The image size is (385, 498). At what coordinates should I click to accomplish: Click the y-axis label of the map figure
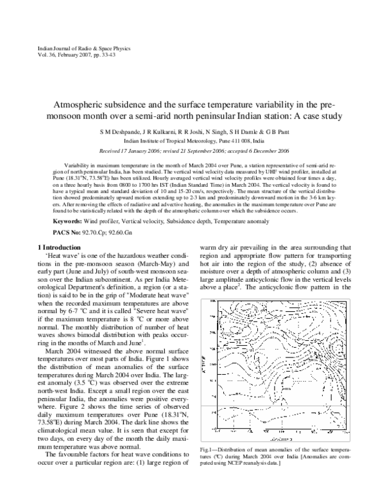pos(205,347)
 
